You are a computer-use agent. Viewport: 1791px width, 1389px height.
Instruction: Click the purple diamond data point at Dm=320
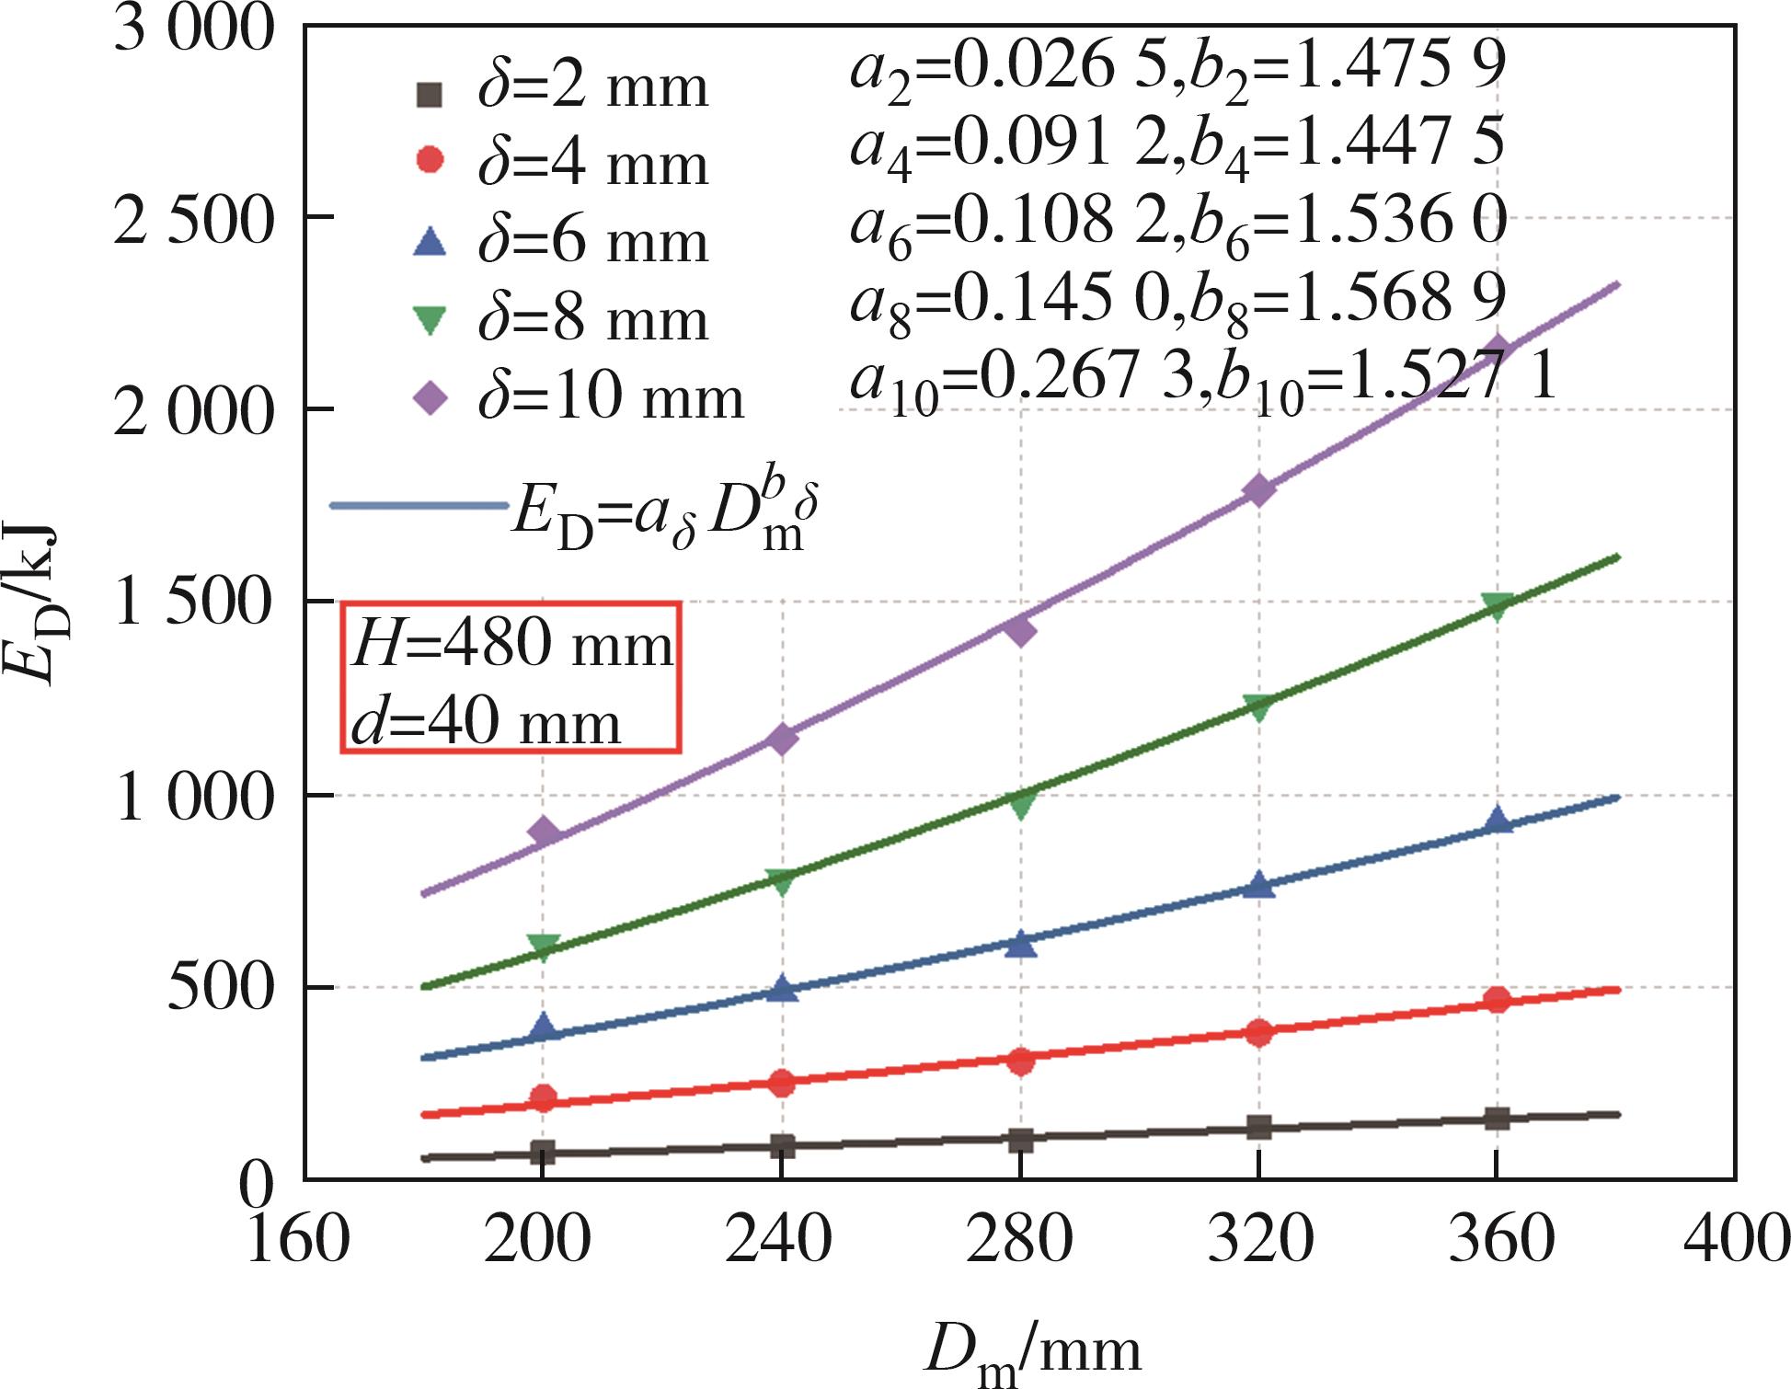click(1258, 489)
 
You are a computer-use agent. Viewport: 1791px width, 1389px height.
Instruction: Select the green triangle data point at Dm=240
click(781, 881)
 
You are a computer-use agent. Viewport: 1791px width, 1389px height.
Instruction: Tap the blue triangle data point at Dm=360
click(1498, 820)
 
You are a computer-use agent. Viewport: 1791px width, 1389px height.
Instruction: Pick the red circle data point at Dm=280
click(1020, 1061)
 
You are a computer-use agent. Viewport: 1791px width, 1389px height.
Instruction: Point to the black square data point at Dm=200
click(543, 1153)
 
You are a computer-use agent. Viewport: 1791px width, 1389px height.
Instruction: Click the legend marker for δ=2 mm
click(430, 93)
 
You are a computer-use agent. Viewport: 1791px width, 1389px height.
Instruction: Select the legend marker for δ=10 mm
click(431, 398)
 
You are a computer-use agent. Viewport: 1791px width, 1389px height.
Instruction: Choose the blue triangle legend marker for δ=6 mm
click(430, 243)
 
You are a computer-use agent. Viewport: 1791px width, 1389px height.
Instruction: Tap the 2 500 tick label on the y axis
click(194, 221)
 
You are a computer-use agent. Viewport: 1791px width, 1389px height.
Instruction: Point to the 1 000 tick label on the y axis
click(194, 798)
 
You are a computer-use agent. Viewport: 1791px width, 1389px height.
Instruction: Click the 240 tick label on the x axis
click(779, 1239)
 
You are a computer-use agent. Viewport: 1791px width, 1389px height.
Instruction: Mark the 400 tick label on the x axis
click(1735, 1239)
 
